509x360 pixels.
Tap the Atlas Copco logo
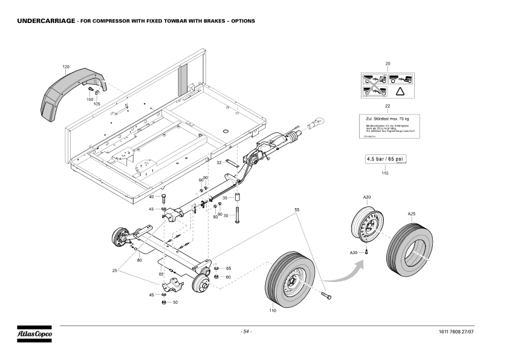coord(34,333)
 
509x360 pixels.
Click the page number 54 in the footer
coord(246,332)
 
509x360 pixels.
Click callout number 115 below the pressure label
coord(384,173)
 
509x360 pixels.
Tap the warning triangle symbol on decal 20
coord(400,91)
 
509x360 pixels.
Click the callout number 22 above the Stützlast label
coord(387,106)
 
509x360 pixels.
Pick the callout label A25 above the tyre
coord(411,214)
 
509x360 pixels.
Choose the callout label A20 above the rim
coord(367,198)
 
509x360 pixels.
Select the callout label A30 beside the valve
coord(354,252)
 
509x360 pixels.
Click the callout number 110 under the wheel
coord(273,310)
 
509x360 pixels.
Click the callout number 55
coord(297,209)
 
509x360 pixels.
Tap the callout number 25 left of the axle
coord(114,270)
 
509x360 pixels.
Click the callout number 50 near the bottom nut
coord(175,302)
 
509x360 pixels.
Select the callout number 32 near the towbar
coord(219,162)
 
